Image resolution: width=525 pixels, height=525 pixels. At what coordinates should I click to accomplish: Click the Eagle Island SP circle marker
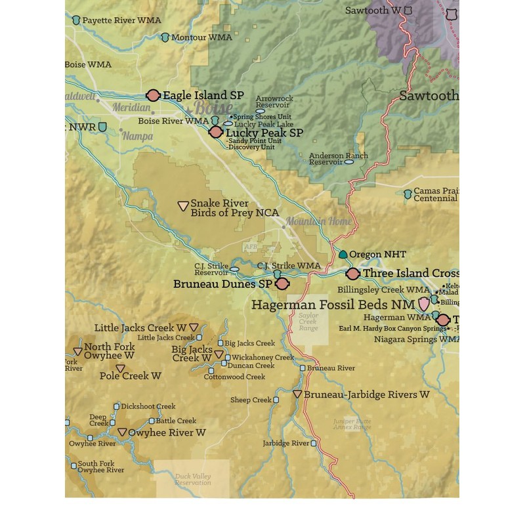tap(154, 95)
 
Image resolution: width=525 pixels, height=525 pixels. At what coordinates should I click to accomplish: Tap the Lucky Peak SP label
tap(264, 133)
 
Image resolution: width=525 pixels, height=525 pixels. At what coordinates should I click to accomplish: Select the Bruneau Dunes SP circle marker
tap(282, 283)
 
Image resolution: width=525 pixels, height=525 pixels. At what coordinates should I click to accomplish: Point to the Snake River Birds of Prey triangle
tap(183, 205)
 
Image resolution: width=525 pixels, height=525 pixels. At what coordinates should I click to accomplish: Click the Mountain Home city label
tap(318, 221)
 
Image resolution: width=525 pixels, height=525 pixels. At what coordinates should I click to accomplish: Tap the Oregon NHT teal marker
tap(343, 254)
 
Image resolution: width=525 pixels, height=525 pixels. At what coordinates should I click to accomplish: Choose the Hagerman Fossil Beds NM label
tap(333, 304)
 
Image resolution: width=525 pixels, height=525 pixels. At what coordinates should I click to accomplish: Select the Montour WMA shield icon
tap(165, 37)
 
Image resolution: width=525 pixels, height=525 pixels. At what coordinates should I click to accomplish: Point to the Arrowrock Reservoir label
tap(274, 102)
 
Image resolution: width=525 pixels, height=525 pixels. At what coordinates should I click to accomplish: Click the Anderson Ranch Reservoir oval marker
tap(348, 161)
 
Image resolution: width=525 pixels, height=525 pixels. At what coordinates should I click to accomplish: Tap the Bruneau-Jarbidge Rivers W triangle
tap(297, 394)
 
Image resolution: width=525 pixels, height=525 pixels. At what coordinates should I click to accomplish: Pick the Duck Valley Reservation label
tap(193, 479)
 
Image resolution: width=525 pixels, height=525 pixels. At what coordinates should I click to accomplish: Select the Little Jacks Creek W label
tap(140, 327)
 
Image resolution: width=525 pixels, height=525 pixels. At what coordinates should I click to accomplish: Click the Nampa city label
tap(138, 136)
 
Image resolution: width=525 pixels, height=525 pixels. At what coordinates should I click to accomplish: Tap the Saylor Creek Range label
tap(308, 322)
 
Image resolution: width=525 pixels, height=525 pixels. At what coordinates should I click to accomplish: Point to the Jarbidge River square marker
tap(314, 444)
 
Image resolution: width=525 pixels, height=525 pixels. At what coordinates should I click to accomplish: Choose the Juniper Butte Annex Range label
tap(352, 424)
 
